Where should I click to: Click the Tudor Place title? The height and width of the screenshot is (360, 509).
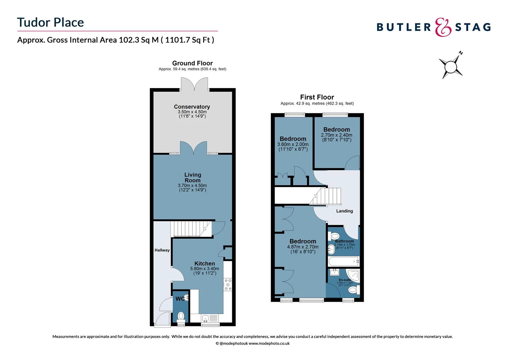[51, 22]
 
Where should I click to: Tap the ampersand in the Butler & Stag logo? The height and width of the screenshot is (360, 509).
[443, 27]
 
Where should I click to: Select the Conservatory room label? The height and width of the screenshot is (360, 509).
[192, 107]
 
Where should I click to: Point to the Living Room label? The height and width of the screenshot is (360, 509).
[193, 177]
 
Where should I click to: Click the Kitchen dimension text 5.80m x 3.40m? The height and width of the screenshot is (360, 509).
[205, 269]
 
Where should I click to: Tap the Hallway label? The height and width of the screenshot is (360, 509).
[162, 250]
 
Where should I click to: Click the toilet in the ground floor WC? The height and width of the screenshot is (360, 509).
[181, 316]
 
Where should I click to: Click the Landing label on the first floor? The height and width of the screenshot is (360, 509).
[344, 211]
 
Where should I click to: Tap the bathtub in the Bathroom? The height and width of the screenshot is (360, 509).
[343, 261]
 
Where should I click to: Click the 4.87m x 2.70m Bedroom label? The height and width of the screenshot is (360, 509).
[302, 242]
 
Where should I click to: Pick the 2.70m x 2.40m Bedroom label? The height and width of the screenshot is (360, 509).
[336, 130]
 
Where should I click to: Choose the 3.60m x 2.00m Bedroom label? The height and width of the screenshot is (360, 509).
[293, 139]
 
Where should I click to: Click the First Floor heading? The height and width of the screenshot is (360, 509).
[317, 97]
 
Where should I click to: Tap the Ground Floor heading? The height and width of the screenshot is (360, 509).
[192, 63]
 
